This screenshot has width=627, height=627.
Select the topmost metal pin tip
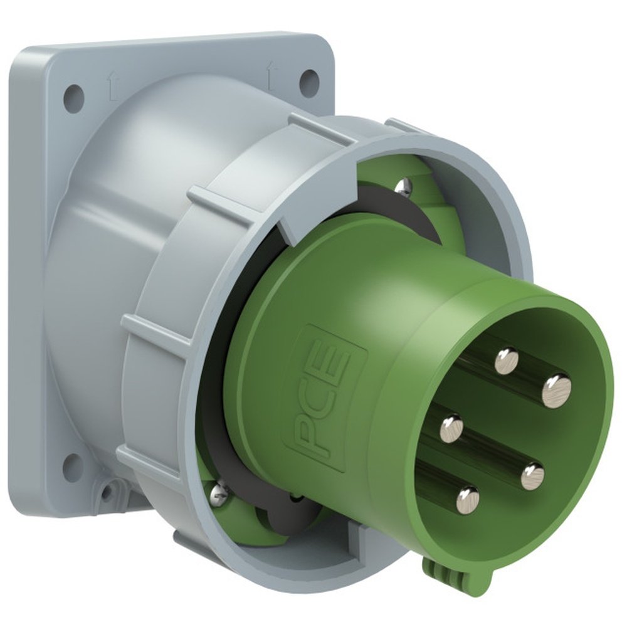tap(507, 361)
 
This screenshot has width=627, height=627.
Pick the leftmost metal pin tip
tap(451, 428)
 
